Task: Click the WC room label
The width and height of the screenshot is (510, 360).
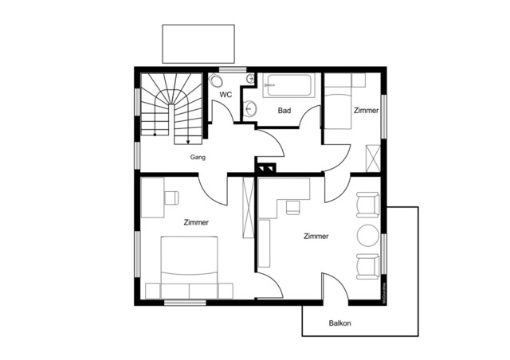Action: pyautogui.click(x=226, y=94)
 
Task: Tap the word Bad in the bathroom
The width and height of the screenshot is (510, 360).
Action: pyautogui.click(x=284, y=110)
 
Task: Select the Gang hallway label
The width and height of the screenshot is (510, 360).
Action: pyautogui.click(x=198, y=157)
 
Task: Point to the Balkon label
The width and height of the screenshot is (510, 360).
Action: pyautogui.click(x=340, y=323)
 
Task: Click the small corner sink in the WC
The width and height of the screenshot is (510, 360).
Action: pyautogui.click(x=249, y=78)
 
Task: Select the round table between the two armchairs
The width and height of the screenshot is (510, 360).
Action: pyautogui.click(x=368, y=236)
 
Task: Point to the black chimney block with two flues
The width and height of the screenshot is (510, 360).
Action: pyautogui.click(x=265, y=167)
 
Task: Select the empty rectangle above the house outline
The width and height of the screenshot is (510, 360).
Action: pyautogui.click(x=198, y=44)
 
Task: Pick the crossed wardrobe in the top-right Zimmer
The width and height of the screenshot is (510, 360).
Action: pyautogui.click(x=371, y=157)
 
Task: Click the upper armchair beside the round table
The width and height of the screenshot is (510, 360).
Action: pyautogui.click(x=367, y=204)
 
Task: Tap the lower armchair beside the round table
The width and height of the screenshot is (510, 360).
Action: pyautogui.click(x=367, y=267)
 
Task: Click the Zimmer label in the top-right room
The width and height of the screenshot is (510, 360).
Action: pyautogui.click(x=367, y=110)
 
